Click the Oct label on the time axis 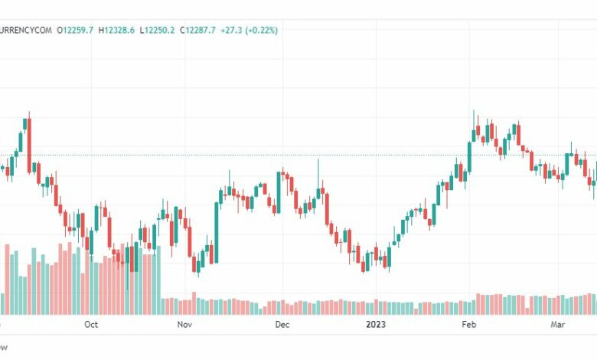tap(91, 325)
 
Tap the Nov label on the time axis tap(184, 325)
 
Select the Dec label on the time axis tap(282, 325)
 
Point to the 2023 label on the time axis tap(375, 325)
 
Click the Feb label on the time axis tap(468, 325)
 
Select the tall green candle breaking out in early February tap(470, 158)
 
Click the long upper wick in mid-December tap(318, 172)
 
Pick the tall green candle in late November tap(279, 191)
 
